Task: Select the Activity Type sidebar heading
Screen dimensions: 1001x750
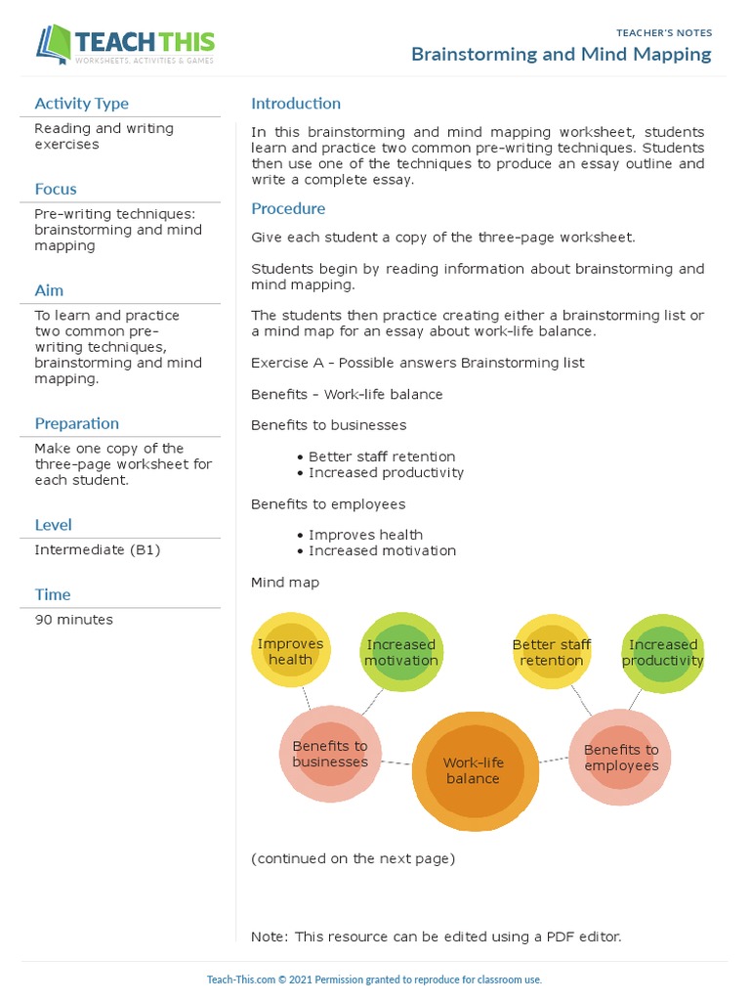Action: (81, 104)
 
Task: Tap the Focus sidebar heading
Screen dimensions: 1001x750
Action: (56, 189)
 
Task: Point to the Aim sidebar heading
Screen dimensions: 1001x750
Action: (49, 290)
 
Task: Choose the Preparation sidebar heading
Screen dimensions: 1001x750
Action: (77, 423)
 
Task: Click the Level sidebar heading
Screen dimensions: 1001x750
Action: (53, 525)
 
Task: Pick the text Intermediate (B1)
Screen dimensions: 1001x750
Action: (98, 550)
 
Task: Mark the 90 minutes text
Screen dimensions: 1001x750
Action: (74, 620)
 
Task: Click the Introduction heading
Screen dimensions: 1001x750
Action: (296, 104)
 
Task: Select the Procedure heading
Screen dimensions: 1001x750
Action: (288, 208)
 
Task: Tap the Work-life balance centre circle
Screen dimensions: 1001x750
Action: (475, 770)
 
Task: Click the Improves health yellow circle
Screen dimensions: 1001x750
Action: (290, 651)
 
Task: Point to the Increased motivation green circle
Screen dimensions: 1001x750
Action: (401, 652)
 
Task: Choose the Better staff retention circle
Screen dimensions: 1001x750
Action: (552, 652)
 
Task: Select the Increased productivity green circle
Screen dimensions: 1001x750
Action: (663, 652)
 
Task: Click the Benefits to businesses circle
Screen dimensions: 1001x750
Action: (330, 754)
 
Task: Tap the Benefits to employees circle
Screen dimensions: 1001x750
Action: (621, 758)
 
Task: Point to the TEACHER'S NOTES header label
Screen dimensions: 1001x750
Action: (664, 33)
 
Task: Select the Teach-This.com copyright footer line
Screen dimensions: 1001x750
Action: (375, 979)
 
